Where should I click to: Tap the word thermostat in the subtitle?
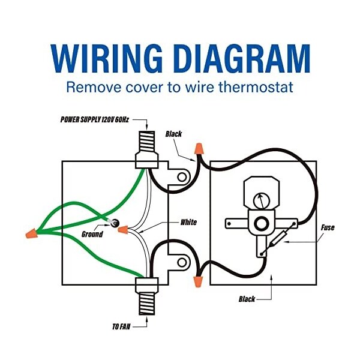(x=256, y=87)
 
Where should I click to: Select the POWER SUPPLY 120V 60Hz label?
(x=95, y=119)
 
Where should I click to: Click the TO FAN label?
(x=121, y=326)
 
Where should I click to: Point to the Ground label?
(x=92, y=234)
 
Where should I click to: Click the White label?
(x=188, y=222)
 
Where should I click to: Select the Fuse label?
(x=328, y=227)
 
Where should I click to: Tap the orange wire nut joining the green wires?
(x=31, y=233)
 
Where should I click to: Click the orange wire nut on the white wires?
(x=123, y=230)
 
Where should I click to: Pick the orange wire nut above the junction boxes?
(x=199, y=149)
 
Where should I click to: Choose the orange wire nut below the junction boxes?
(x=198, y=282)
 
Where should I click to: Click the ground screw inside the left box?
(x=115, y=223)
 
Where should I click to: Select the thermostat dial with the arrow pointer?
(x=261, y=201)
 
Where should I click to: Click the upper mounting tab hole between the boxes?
(x=182, y=177)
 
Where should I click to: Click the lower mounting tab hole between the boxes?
(x=182, y=262)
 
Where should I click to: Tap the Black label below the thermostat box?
(x=247, y=299)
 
